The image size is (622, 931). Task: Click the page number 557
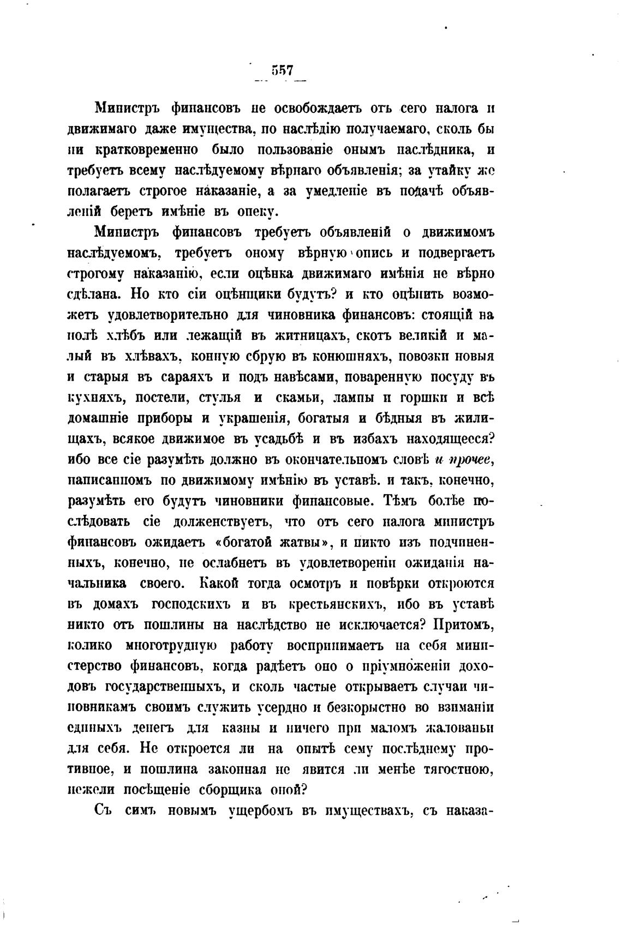point(282,70)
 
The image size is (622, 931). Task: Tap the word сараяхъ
point(183,377)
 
